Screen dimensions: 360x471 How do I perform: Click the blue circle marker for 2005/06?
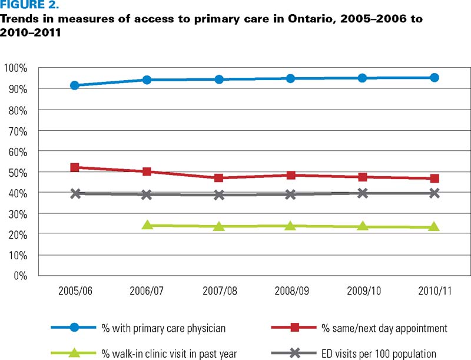75,85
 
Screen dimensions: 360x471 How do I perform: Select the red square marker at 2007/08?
218,178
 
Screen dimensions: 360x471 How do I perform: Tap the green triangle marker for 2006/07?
147,225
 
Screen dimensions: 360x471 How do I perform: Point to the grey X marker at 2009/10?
363,193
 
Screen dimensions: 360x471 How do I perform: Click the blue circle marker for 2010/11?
434,77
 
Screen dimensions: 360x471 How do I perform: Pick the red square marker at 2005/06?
75,167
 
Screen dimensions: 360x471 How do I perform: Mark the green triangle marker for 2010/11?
434,227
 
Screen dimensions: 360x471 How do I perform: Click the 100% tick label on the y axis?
15,68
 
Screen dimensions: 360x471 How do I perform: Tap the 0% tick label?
20,276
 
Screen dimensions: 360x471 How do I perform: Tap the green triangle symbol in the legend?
75,353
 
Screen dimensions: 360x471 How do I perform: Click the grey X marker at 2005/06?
75,193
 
